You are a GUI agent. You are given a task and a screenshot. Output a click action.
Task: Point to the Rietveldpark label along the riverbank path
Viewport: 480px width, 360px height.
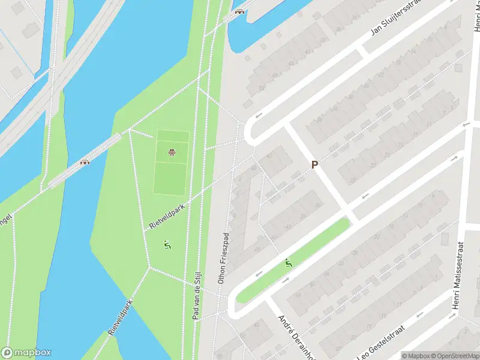tap(120, 316)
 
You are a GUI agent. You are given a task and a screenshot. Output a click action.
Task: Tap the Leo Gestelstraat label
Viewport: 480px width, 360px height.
tap(382, 343)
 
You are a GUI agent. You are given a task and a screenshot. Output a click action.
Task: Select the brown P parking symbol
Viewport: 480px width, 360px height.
tap(314, 164)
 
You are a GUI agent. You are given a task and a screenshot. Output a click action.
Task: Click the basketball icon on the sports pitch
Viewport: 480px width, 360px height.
tap(172, 152)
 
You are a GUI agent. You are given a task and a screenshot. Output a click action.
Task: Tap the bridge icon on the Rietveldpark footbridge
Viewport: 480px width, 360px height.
tap(85, 161)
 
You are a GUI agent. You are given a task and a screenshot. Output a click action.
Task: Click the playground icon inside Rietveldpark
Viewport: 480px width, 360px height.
tap(167, 245)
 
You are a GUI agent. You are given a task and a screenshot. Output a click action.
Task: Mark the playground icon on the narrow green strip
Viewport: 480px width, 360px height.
tap(289, 262)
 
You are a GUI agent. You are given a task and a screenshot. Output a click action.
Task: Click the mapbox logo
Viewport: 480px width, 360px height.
tap(26, 353)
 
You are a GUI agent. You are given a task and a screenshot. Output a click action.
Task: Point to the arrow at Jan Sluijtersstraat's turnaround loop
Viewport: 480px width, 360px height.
tap(259, 115)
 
